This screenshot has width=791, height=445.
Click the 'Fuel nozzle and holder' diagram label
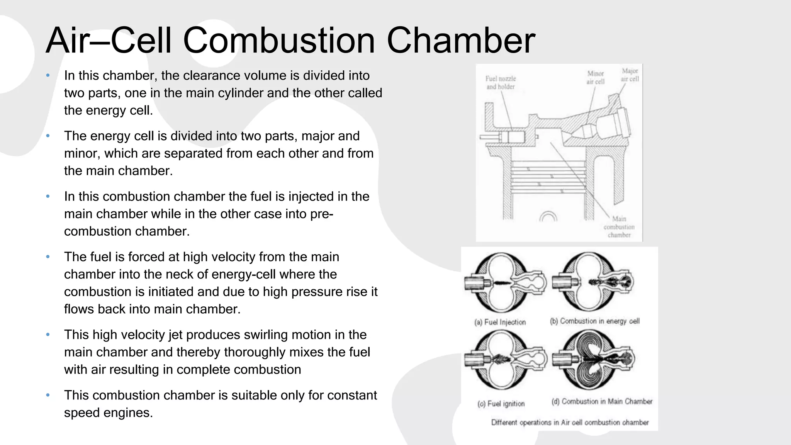tap(501, 83)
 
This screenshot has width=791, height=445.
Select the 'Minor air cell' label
tap(595, 77)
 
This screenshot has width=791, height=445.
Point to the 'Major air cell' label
tap(630, 75)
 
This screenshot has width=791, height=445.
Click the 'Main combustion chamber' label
tap(619, 227)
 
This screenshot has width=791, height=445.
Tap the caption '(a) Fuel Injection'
tap(500, 322)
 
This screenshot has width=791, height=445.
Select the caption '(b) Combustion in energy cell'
tap(594, 321)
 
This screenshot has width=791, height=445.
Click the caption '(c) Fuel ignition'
tap(501, 404)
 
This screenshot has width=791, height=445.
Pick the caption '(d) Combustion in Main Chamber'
tap(602, 402)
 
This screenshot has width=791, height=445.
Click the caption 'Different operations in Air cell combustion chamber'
tap(570, 423)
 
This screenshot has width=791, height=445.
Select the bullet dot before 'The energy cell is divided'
tap(48, 136)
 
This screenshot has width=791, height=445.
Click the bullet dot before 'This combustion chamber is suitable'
tap(48, 395)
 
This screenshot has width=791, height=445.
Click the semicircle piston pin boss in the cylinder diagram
tap(548, 217)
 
